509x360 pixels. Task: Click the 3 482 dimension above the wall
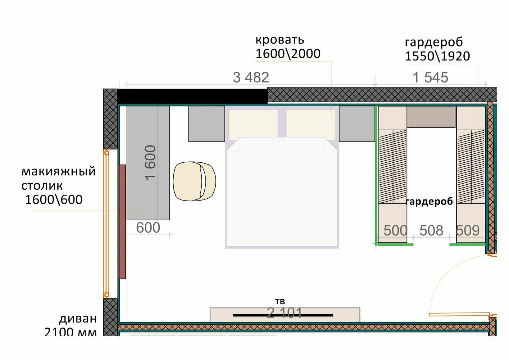click(x=251, y=77)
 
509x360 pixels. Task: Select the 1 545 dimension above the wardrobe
click(x=430, y=77)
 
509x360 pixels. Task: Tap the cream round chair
click(x=194, y=181)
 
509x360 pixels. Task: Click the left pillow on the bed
click(x=253, y=125)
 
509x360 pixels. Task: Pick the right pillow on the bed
click(x=310, y=125)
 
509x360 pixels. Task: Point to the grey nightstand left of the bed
click(x=206, y=124)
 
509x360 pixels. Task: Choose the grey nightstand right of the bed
click(x=357, y=124)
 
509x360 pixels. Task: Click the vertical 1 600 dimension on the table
click(x=150, y=163)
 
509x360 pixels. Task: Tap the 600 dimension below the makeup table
click(x=148, y=228)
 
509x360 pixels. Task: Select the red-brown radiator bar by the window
click(x=122, y=222)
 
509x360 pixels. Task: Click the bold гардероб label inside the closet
click(x=429, y=202)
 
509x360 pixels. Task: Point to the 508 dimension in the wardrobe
click(x=431, y=230)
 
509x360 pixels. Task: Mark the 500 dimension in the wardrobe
click(x=395, y=230)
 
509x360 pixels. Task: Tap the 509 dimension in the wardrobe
click(x=468, y=230)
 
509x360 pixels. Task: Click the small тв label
click(x=280, y=301)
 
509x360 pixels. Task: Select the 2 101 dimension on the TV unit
click(x=284, y=313)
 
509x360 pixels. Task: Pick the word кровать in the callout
click(x=280, y=40)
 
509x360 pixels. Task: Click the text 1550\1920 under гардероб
click(x=437, y=56)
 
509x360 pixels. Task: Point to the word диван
click(x=78, y=319)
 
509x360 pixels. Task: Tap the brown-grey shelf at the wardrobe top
click(x=431, y=117)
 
